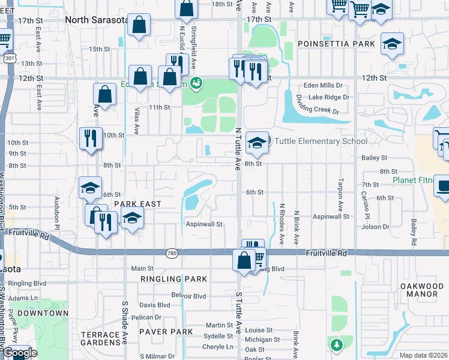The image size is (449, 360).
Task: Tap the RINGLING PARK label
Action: click(174, 279)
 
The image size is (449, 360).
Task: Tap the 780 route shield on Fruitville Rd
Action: click(172, 254)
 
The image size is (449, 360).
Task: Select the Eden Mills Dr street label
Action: click(326, 86)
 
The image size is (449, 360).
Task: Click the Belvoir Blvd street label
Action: click(189, 296)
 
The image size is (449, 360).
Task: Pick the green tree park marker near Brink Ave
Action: click(337, 344)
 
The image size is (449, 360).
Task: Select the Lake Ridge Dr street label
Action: click(328, 97)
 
